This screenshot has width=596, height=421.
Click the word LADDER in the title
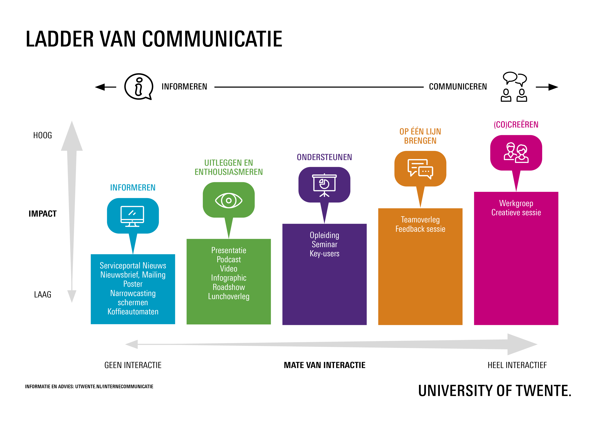[x=60, y=39]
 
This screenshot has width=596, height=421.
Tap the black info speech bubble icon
[x=139, y=87]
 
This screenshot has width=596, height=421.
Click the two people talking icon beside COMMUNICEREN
[x=514, y=87]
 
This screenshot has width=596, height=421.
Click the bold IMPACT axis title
[x=43, y=214]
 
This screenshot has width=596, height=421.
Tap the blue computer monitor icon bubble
[x=133, y=216]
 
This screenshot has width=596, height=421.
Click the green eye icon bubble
[x=229, y=200]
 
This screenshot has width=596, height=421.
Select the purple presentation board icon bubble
[x=325, y=185]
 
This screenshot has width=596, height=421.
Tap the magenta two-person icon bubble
[x=516, y=153]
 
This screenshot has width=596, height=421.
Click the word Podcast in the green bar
[x=229, y=259]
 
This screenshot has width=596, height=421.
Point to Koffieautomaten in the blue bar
[x=133, y=312]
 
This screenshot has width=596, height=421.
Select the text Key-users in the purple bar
[x=325, y=253]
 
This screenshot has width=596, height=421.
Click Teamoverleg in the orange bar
[x=420, y=220]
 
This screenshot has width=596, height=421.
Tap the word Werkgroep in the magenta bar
[x=516, y=203]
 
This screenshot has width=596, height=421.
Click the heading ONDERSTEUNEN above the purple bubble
[x=325, y=157]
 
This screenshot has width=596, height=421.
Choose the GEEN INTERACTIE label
[x=133, y=365]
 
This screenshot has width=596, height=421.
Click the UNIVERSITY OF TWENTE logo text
[x=495, y=391]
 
